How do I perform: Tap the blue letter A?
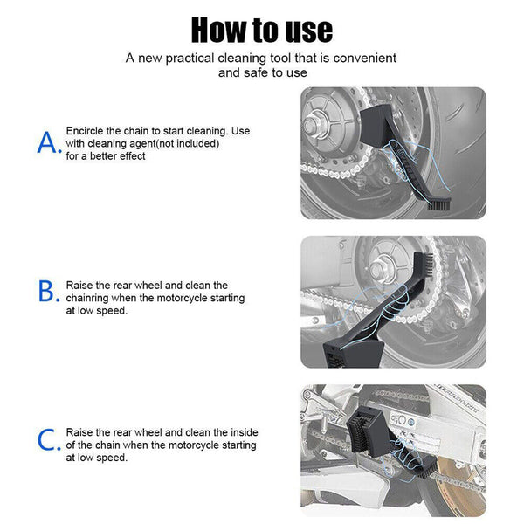[48, 142]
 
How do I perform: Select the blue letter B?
[48, 291]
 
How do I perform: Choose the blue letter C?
[48, 439]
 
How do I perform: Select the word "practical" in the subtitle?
[191, 58]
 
